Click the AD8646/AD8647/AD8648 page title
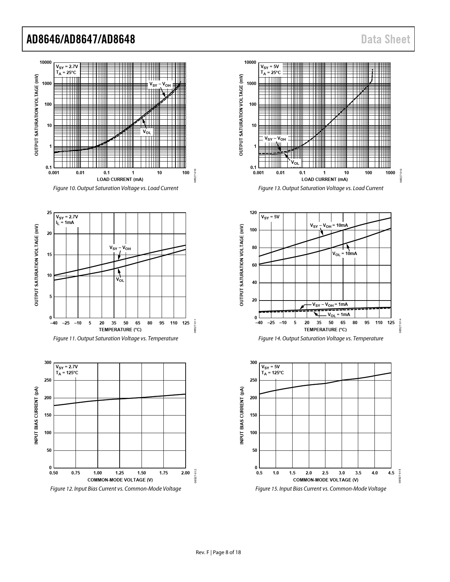[x=81, y=39]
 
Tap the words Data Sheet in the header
[x=386, y=39]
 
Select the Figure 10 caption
[x=115, y=188]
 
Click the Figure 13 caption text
[x=320, y=188]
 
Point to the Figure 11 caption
[x=115, y=339]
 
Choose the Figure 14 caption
[x=320, y=339]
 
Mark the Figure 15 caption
[x=320, y=489]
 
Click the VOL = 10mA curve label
[x=344, y=254]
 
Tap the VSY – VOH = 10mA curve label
[x=329, y=225]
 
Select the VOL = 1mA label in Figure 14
[x=338, y=315]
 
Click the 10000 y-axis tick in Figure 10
[x=46, y=63]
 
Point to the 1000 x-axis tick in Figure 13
[x=390, y=173]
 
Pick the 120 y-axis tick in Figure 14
[x=253, y=213]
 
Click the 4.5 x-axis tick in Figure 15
[x=391, y=473]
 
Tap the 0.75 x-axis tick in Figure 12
[x=76, y=473]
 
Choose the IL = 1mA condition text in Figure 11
[x=65, y=223]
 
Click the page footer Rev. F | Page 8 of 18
[x=218, y=552]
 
